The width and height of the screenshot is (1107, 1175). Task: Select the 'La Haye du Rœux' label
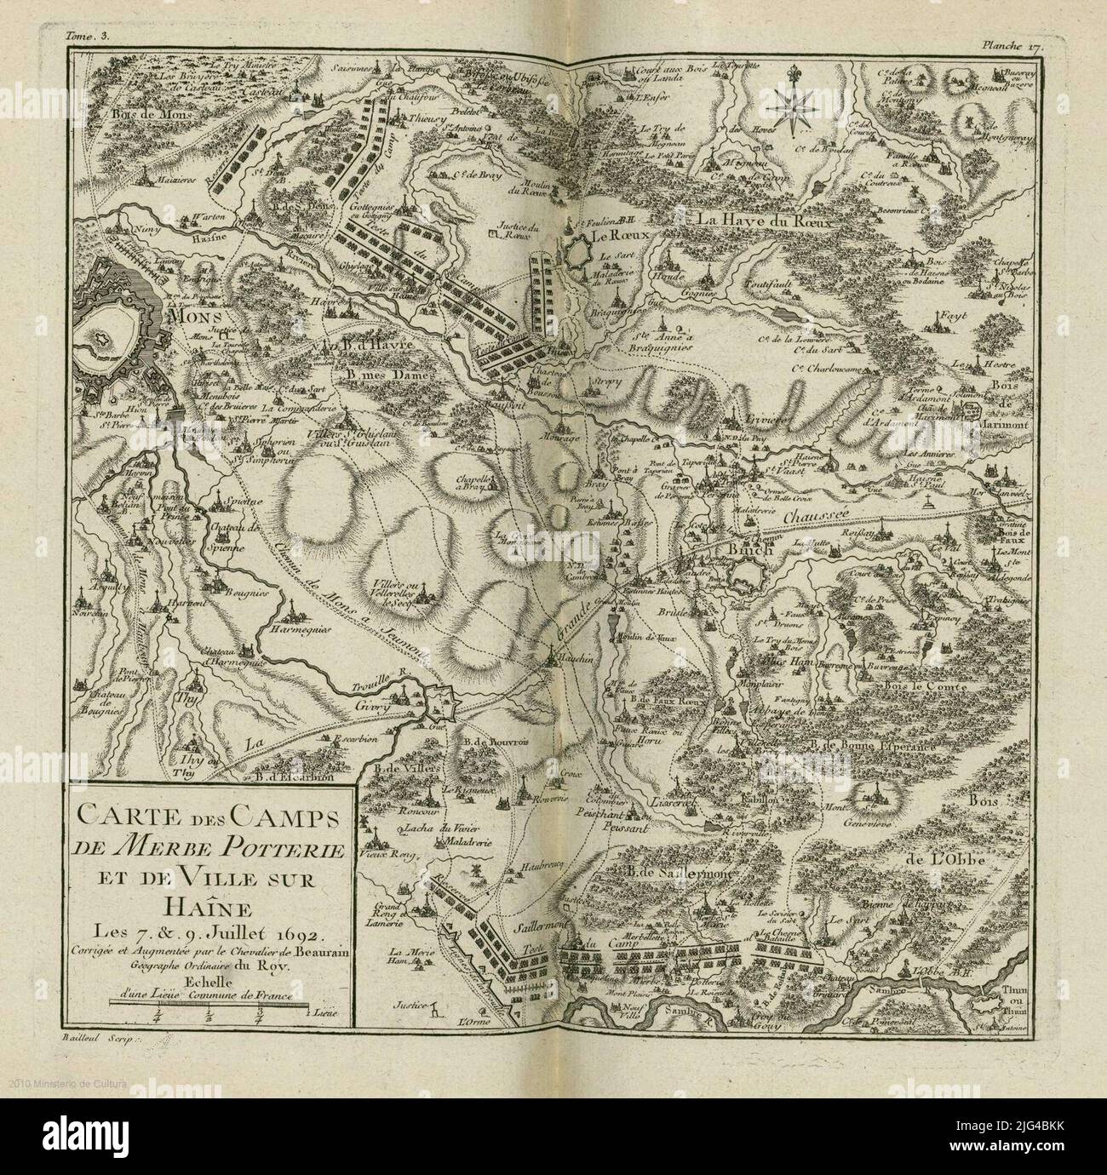coord(762,221)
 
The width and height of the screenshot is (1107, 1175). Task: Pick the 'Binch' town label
coord(749,549)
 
